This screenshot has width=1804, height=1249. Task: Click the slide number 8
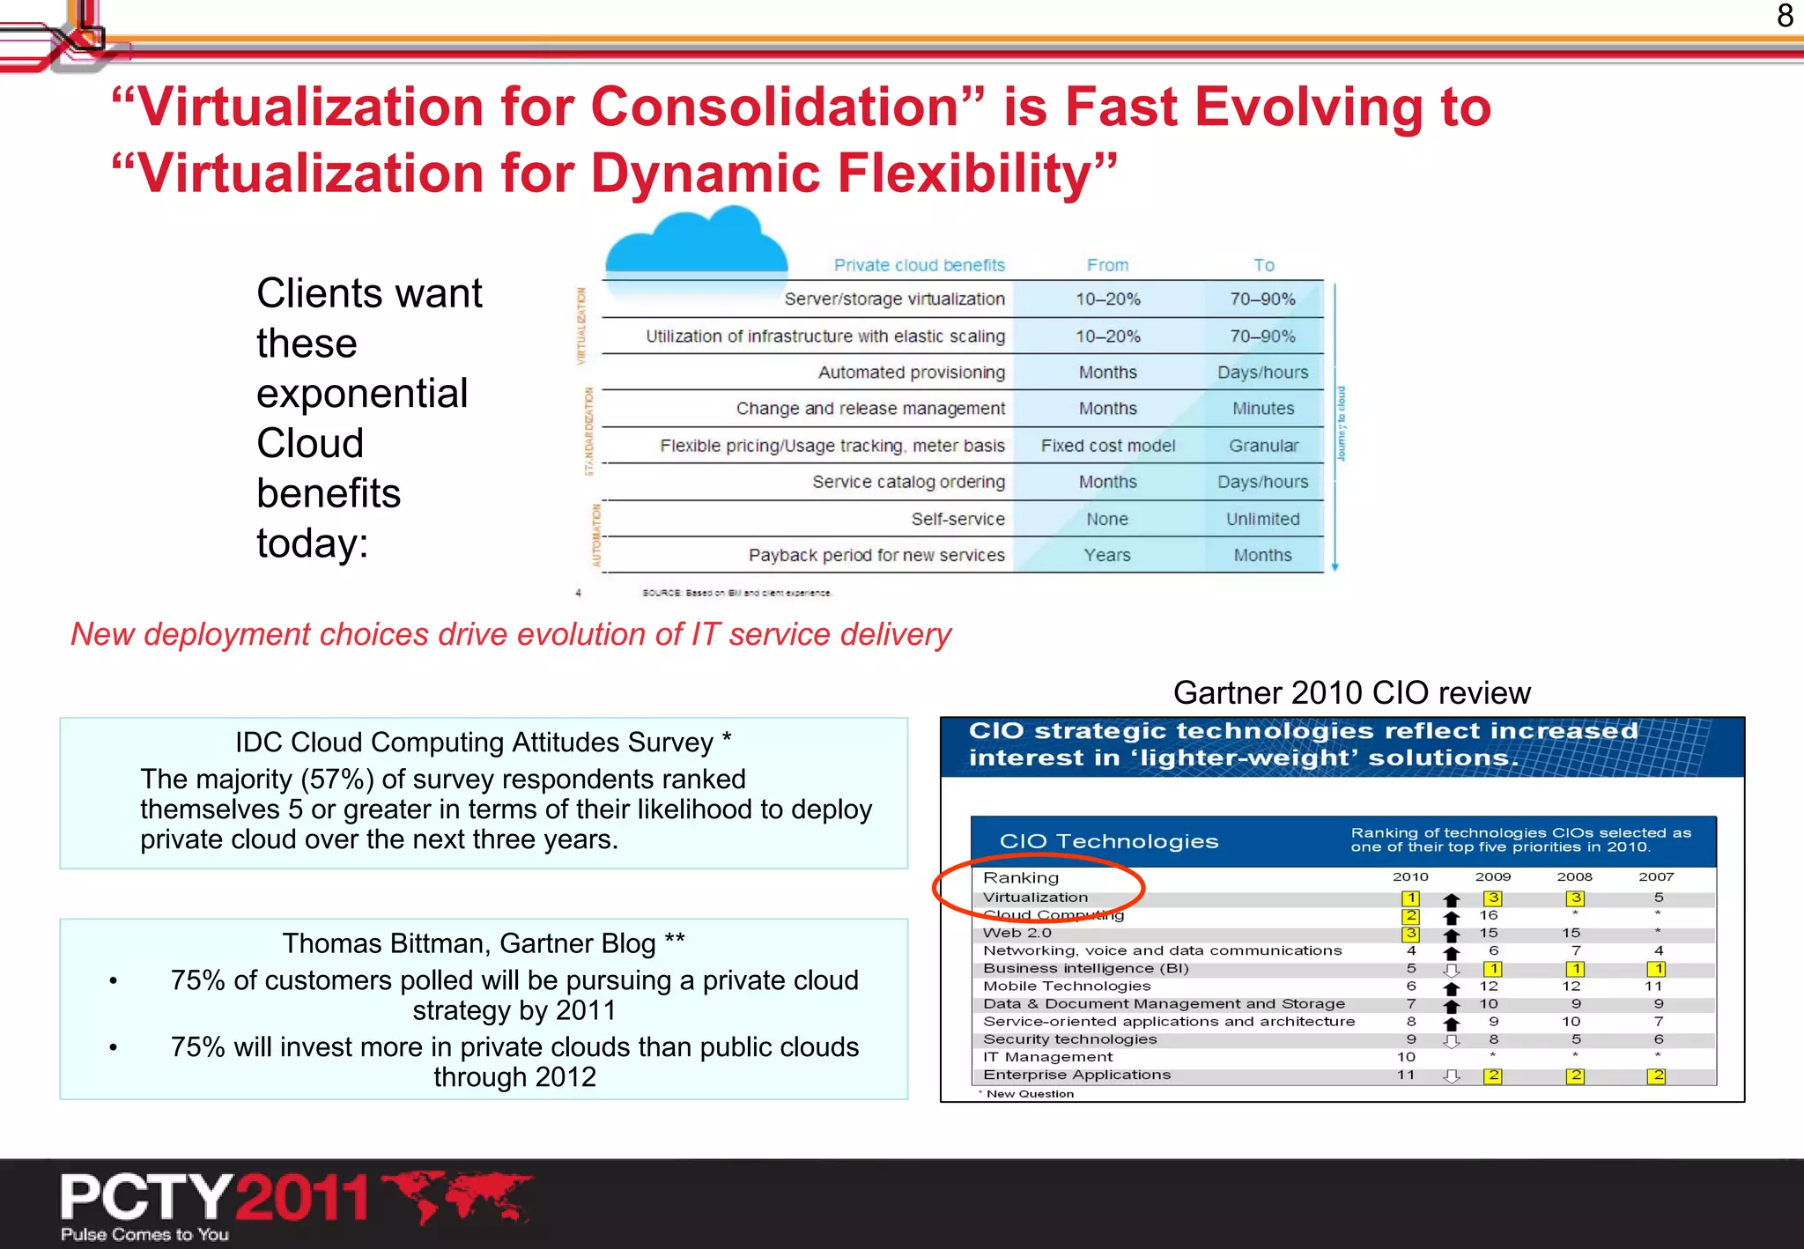pyautogui.click(x=1785, y=16)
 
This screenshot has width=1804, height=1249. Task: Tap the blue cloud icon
pyautogui.click(x=696, y=242)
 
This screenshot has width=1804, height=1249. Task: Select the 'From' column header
pyautogui.click(x=1107, y=265)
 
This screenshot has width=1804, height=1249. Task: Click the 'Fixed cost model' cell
pyautogui.click(x=1107, y=446)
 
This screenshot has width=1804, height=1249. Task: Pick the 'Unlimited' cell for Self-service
pyautogui.click(x=1262, y=519)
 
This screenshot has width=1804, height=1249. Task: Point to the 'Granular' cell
pyautogui.click(x=1263, y=446)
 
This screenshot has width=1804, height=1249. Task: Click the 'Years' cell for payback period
pyautogui.click(x=1107, y=555)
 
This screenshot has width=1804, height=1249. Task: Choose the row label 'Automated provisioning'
pyautogui.click(x=911, y=373)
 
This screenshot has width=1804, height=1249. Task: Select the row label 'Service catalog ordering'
pyautogui.click(x=908, y=482)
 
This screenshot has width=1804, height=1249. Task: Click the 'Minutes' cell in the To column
pyautogui.click(x=1263, y=409)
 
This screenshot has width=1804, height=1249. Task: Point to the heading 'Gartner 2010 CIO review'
pyautogui.click(x=1351, y=693)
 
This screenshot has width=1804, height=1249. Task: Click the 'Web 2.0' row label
pyautogui.click(x=1017, y=933)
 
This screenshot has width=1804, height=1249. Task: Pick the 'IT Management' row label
pyautogui.click(x=1047, y=1057)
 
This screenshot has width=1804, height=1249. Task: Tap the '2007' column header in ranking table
pyautogui.click(x=1656, y=876)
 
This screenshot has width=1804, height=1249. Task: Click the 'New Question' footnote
pyautogui.click(x=1029, y=1094)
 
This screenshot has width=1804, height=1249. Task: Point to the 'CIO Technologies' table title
pyautogui.click(x=1109, y=841)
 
